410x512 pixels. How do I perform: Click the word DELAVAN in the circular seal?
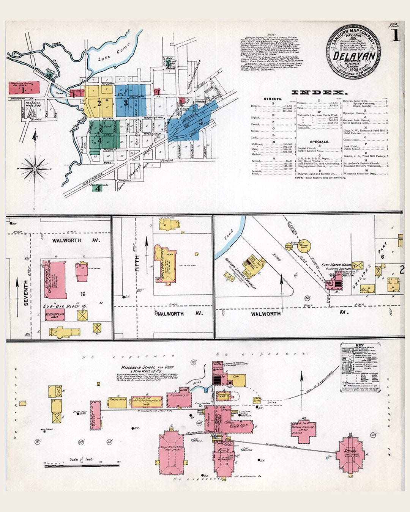click(354, 56)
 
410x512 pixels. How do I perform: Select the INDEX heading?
click(319, 92)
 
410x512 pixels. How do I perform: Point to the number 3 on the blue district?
click(125, 102)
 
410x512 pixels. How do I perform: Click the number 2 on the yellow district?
click(99, 103)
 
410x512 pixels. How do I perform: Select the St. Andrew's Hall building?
click(55, 316)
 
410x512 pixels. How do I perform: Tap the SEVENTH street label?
click(26, 292)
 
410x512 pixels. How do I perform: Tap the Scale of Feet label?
click(80, 459)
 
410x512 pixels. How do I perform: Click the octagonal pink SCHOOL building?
click(352, 454)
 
